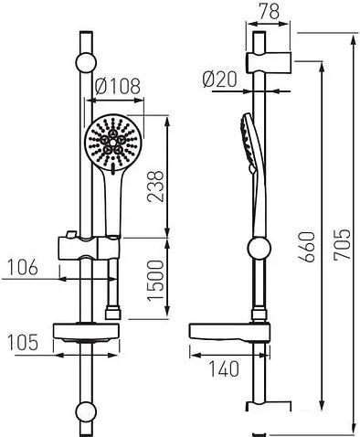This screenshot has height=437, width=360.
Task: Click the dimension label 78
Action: (x=269, y=11)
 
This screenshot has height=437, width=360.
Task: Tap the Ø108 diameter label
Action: (x=118, y=86)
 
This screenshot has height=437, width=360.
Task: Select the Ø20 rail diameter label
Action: (x=220, y=80)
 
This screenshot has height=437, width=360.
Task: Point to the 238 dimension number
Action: (x=155, y=187)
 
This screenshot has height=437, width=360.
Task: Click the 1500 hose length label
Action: (x=155, y=281)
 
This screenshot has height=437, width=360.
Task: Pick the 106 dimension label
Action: (x=23, y=267)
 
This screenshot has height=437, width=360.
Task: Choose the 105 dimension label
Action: (x=23, y=342)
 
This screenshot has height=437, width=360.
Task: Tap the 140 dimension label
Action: (x=224, y=369)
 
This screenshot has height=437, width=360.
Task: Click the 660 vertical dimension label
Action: (x=307, y=247)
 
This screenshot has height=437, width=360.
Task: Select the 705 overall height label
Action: (x=342, y=244)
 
